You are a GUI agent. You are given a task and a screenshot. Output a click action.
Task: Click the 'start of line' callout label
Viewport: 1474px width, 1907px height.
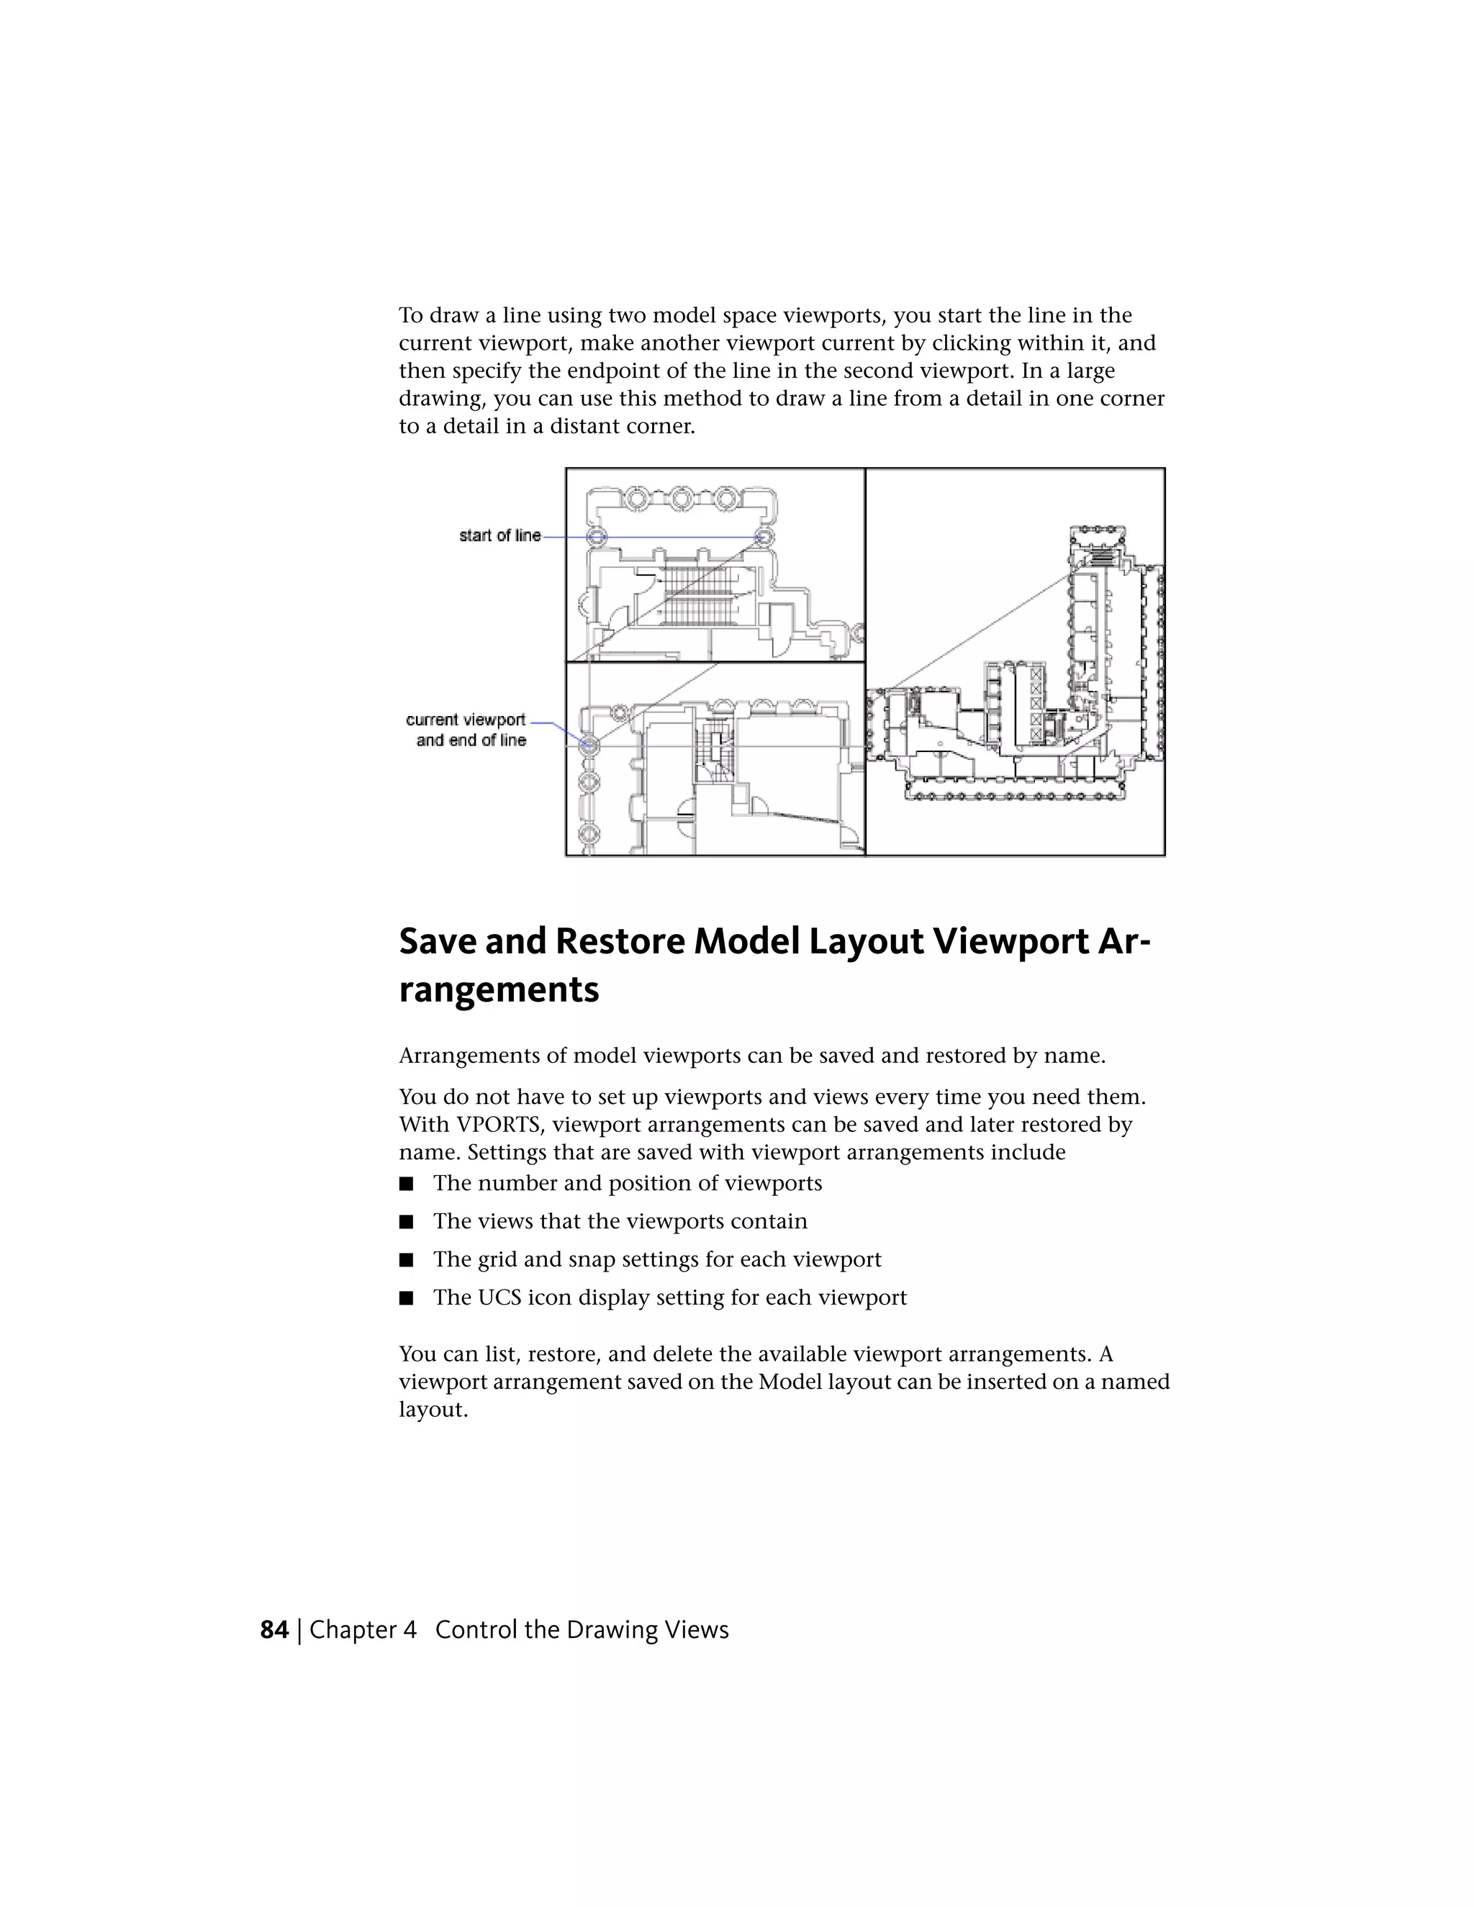coord(499,535)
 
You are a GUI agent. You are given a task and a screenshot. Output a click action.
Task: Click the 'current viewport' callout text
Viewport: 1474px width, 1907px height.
coord(466,720)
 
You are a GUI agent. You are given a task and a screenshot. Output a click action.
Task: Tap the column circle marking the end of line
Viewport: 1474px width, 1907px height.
coord(589,745)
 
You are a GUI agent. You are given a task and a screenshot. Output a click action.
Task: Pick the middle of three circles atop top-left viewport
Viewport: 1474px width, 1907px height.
coord(681,499)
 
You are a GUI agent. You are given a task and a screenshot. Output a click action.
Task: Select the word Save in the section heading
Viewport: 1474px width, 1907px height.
coord(437,941)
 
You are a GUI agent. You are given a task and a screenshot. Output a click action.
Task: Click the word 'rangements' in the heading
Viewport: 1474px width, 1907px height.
coord(499,990)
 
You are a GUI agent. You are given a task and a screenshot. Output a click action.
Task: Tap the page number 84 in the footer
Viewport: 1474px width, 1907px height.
coord(274,1629)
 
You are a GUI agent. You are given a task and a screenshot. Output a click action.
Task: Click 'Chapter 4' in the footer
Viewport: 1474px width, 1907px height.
coord(363,1629)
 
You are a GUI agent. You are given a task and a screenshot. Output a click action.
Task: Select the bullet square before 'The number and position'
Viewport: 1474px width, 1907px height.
coord(405,1184)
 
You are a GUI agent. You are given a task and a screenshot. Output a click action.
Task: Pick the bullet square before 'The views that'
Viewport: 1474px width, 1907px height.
coord(405,1223)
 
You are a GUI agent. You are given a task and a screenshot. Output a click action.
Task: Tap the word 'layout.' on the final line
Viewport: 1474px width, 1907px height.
coord(433,1409)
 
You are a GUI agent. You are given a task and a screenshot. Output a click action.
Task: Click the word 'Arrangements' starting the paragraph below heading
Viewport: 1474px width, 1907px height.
coord(469,1056)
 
